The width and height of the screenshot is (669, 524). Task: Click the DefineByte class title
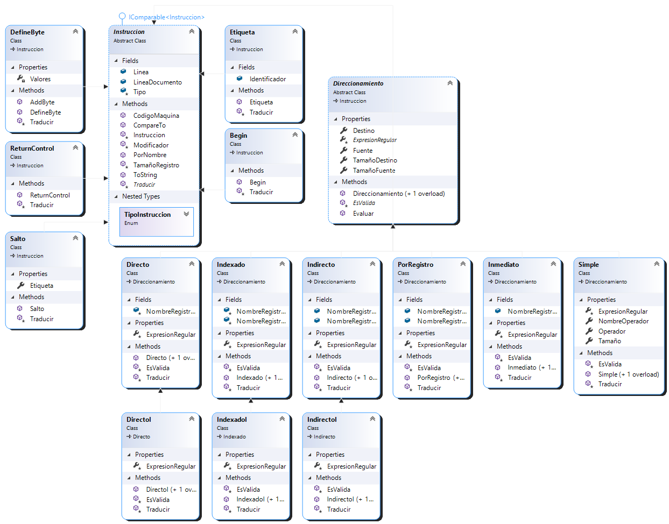pos(27,32)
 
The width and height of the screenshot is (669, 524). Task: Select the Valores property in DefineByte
pos(40,79)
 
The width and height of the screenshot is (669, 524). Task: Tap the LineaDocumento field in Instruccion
pos(157,82)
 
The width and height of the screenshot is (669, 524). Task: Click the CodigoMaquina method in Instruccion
pos(156,116)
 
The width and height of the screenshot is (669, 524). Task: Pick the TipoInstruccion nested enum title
pos(147,215)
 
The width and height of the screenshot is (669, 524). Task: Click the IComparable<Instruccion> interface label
pos(166,17)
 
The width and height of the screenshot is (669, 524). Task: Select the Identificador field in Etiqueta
pos(267,79)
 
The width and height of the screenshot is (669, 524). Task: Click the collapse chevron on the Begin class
pos(295,134)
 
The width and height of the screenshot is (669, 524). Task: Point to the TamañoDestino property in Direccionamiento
pos(375,160)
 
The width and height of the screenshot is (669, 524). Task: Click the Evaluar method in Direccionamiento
pos(363,214)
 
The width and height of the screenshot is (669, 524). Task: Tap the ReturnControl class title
pos(32,148)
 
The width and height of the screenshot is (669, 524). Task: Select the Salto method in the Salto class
pos(37,309)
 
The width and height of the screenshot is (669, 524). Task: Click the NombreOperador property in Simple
pos(623,321)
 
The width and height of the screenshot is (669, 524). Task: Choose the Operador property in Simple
pos(612,331)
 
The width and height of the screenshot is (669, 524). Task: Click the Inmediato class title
pos(503,265)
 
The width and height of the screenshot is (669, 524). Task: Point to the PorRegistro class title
pos(415,265)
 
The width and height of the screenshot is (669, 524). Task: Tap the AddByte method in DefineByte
pos(42,102)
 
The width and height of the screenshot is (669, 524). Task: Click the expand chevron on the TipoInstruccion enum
pos(186,214)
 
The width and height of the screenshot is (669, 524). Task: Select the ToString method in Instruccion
pos(145,175)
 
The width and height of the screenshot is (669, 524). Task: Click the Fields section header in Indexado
pos(234,300)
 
